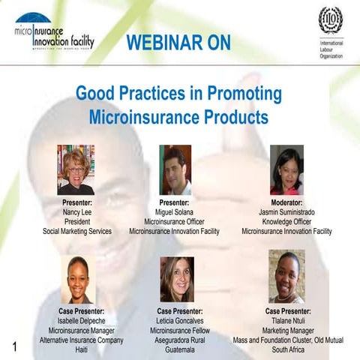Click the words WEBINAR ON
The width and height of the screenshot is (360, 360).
point(178,43)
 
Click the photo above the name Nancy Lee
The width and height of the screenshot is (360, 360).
point(76,169)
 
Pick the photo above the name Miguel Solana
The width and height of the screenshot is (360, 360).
point(175,169)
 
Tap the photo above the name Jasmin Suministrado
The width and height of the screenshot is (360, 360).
point(286,169)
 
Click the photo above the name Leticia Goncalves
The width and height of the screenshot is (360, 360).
point(176,280)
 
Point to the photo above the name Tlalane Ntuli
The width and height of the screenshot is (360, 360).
point(286,277)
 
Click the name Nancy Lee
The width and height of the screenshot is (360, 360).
point(76,212)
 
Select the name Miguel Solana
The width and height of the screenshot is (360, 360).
point(174,212)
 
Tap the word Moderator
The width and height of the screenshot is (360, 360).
point(286,202)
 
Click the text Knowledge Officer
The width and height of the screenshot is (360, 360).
point(286,222)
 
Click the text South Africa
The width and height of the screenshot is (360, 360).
point(289,349)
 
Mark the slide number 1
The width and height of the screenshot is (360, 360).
point(14,346)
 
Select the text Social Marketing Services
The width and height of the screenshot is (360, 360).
point(76,232)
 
